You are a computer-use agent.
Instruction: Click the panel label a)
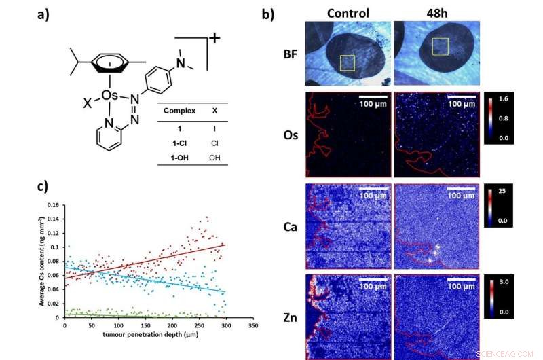click(x=44, y=14)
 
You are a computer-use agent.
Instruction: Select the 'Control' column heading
click(x=348, y=13)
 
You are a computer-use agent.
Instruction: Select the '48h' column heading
click(x=436, y=13)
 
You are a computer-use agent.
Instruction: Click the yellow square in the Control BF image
click(x=348, y=62)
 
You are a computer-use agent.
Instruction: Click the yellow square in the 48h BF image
click(x=441, y=46)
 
